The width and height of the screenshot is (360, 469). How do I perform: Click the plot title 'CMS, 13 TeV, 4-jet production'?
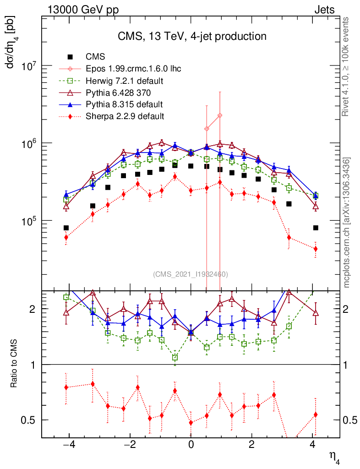pyautogui.click(x=191, y=36)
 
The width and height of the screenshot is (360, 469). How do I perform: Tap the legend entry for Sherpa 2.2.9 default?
pyautogui.click(x=125, y=116)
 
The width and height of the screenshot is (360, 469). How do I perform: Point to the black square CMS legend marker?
pyautogui.click(x=70, y=57)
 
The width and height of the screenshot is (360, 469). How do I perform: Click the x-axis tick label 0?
pyautogui.click(x=191, y=445)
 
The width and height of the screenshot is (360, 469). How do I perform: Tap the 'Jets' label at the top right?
pyautogui.click(x=324, y=10)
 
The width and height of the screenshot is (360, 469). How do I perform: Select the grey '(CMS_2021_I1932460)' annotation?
pyautogui.click(x=191, y=274)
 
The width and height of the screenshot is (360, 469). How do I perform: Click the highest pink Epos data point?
pyautogui.click(x=220, y=115)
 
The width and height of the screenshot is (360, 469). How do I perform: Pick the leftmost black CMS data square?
pyautogui.click(x=66, y=228)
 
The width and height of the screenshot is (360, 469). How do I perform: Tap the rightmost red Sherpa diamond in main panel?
pyautogui.click(x=316, y=249)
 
